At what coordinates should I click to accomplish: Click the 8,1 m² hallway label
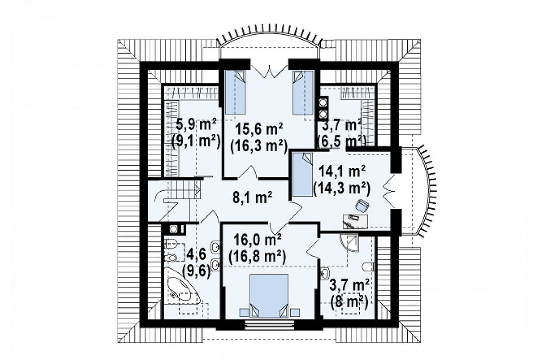(x=252, y=198)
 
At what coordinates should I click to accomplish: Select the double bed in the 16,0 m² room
(x=269, y=296)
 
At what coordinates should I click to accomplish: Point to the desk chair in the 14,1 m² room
(x=362, y=206)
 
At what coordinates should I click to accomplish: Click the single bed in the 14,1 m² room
(x=302, y=175)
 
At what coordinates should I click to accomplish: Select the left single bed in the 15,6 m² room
(x=235, y=92)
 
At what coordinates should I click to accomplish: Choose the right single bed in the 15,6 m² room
(x=303, y=92)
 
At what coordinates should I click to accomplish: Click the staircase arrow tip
(x=200, y=191)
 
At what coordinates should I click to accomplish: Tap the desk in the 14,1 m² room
(x=355, y=221)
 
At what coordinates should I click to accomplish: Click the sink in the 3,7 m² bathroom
(x=325, y=273)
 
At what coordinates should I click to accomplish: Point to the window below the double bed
(x=269, y=325)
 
